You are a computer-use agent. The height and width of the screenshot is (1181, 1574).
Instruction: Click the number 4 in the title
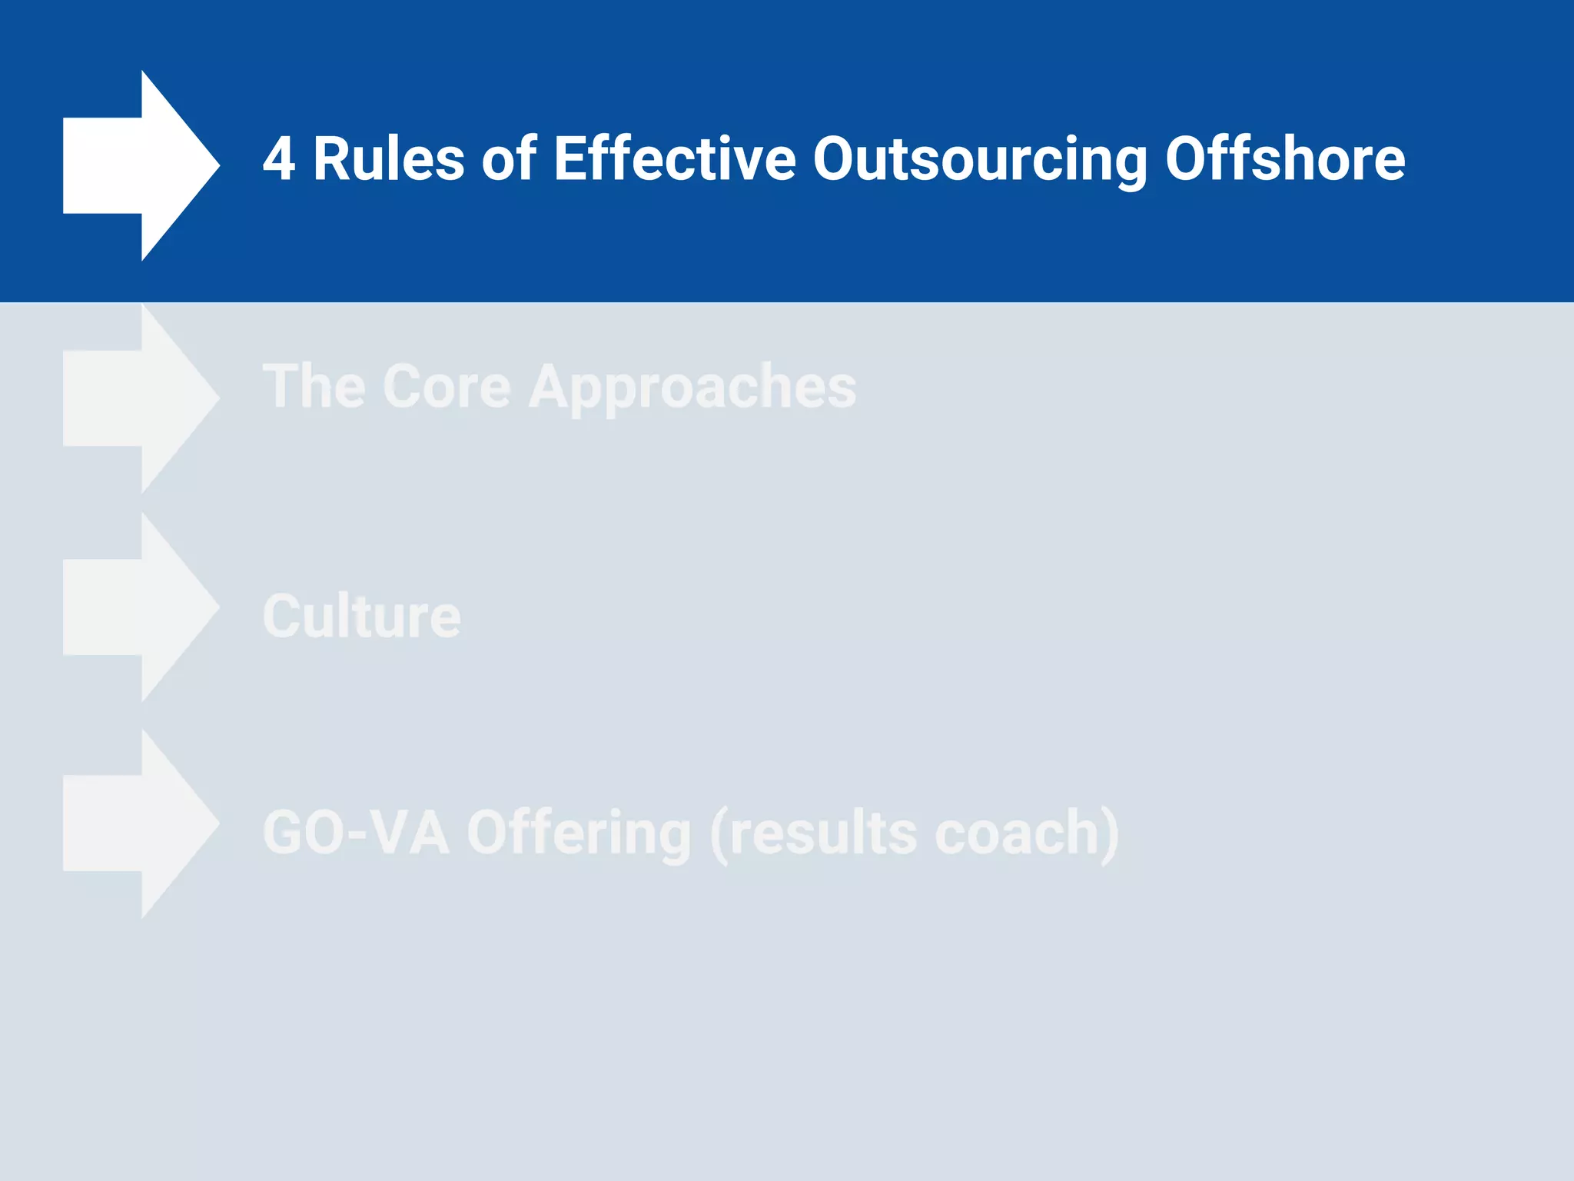279,159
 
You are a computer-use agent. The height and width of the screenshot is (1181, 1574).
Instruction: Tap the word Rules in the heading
388,159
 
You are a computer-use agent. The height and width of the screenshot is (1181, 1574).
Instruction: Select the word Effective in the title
674,159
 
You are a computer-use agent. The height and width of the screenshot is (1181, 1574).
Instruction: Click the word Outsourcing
980,159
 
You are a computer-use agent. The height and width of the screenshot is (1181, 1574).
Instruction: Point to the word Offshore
1285,159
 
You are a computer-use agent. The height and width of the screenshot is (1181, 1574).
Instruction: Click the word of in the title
509,159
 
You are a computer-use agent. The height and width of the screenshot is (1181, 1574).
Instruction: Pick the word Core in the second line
447,387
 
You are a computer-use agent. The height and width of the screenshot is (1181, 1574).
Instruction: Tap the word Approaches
692,387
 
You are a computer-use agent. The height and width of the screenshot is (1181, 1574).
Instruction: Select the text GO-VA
355,833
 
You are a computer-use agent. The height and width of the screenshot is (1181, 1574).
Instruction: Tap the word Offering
579,833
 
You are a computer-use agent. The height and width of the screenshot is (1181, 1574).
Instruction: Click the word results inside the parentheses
822,833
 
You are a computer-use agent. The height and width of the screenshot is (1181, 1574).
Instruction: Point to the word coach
1016,833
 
